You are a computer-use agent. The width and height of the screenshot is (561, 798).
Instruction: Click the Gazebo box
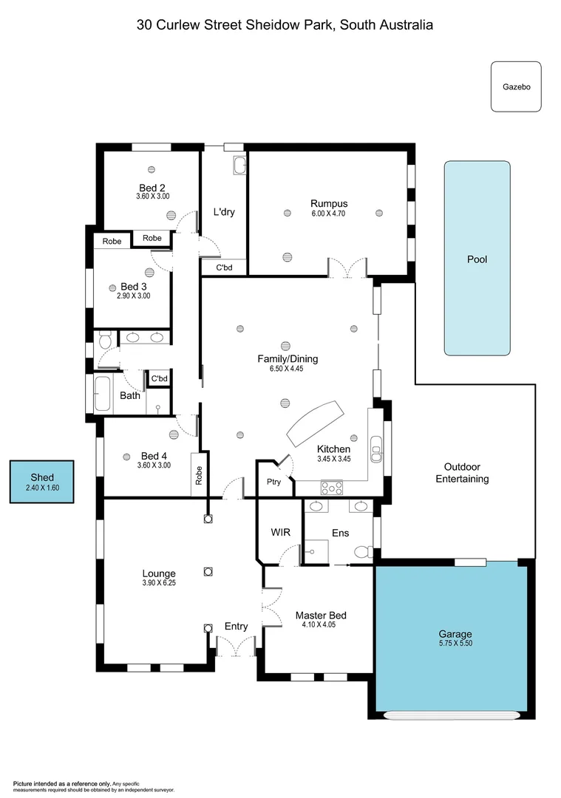point(516,86)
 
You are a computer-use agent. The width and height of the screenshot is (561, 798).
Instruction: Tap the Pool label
point(477,259)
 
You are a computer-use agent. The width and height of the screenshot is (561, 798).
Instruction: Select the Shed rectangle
point(42,482)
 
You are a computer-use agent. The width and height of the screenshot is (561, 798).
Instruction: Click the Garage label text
point(455,634)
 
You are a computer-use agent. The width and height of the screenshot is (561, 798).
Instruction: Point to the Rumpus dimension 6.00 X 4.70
point(329,214)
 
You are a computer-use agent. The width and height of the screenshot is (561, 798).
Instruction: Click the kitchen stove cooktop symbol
point(330,487)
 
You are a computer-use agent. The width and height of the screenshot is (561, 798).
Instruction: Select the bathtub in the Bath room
point(102,394)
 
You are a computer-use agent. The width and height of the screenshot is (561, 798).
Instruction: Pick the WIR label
point(280,532)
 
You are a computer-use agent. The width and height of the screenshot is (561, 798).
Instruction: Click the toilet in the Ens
point(361,551)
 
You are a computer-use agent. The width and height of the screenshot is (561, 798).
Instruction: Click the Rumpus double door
point(347,268)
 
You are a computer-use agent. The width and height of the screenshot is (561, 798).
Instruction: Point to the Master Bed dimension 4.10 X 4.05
point(320,625)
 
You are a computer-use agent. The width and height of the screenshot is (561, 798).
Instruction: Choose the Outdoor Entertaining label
point(462,473)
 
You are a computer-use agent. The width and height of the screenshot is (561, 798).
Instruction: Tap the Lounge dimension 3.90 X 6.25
point(159,582)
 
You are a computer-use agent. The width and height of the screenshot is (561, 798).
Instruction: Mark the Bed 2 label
point(152,188)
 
